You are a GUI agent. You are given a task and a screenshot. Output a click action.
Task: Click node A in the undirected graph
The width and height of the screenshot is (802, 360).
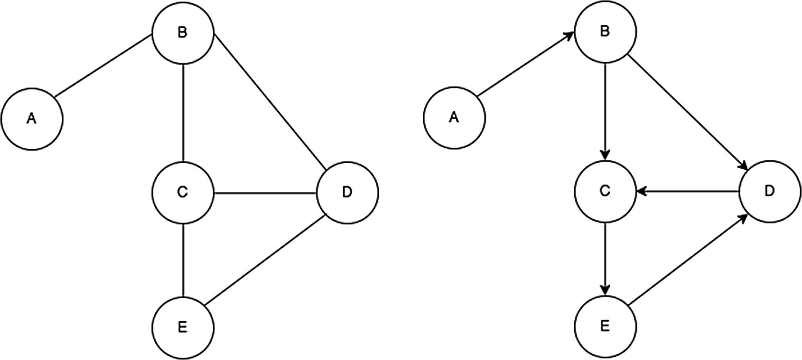[32, 119]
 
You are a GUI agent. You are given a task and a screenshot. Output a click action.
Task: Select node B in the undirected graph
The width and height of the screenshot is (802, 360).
[183, 33]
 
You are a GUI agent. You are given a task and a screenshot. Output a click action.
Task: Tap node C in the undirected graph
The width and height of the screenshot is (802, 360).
[183, 192]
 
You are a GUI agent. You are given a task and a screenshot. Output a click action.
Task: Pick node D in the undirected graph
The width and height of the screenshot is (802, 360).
[347, 192]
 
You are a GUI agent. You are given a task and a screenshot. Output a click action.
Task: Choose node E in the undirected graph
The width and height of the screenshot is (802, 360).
[183, 327]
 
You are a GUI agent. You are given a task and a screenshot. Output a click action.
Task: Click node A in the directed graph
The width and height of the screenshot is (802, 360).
[454, 118]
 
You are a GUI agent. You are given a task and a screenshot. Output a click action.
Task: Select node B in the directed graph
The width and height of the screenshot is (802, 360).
[605, 32]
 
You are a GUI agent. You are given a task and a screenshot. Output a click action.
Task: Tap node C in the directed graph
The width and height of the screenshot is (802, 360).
[605, 191]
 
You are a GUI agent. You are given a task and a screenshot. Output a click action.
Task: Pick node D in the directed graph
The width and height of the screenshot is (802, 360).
[770, 191]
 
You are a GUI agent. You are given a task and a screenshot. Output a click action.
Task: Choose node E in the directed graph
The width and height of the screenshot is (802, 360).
[605, 326]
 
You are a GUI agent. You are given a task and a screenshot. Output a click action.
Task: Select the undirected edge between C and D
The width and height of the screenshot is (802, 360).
[265, 192]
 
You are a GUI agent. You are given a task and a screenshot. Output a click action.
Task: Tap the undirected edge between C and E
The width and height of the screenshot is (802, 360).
[183, 259]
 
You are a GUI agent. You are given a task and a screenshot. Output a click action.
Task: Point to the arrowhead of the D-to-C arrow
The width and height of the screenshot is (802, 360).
[641, 191]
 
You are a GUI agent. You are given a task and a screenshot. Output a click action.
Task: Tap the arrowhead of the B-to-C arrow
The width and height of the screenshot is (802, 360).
[606, 155]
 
